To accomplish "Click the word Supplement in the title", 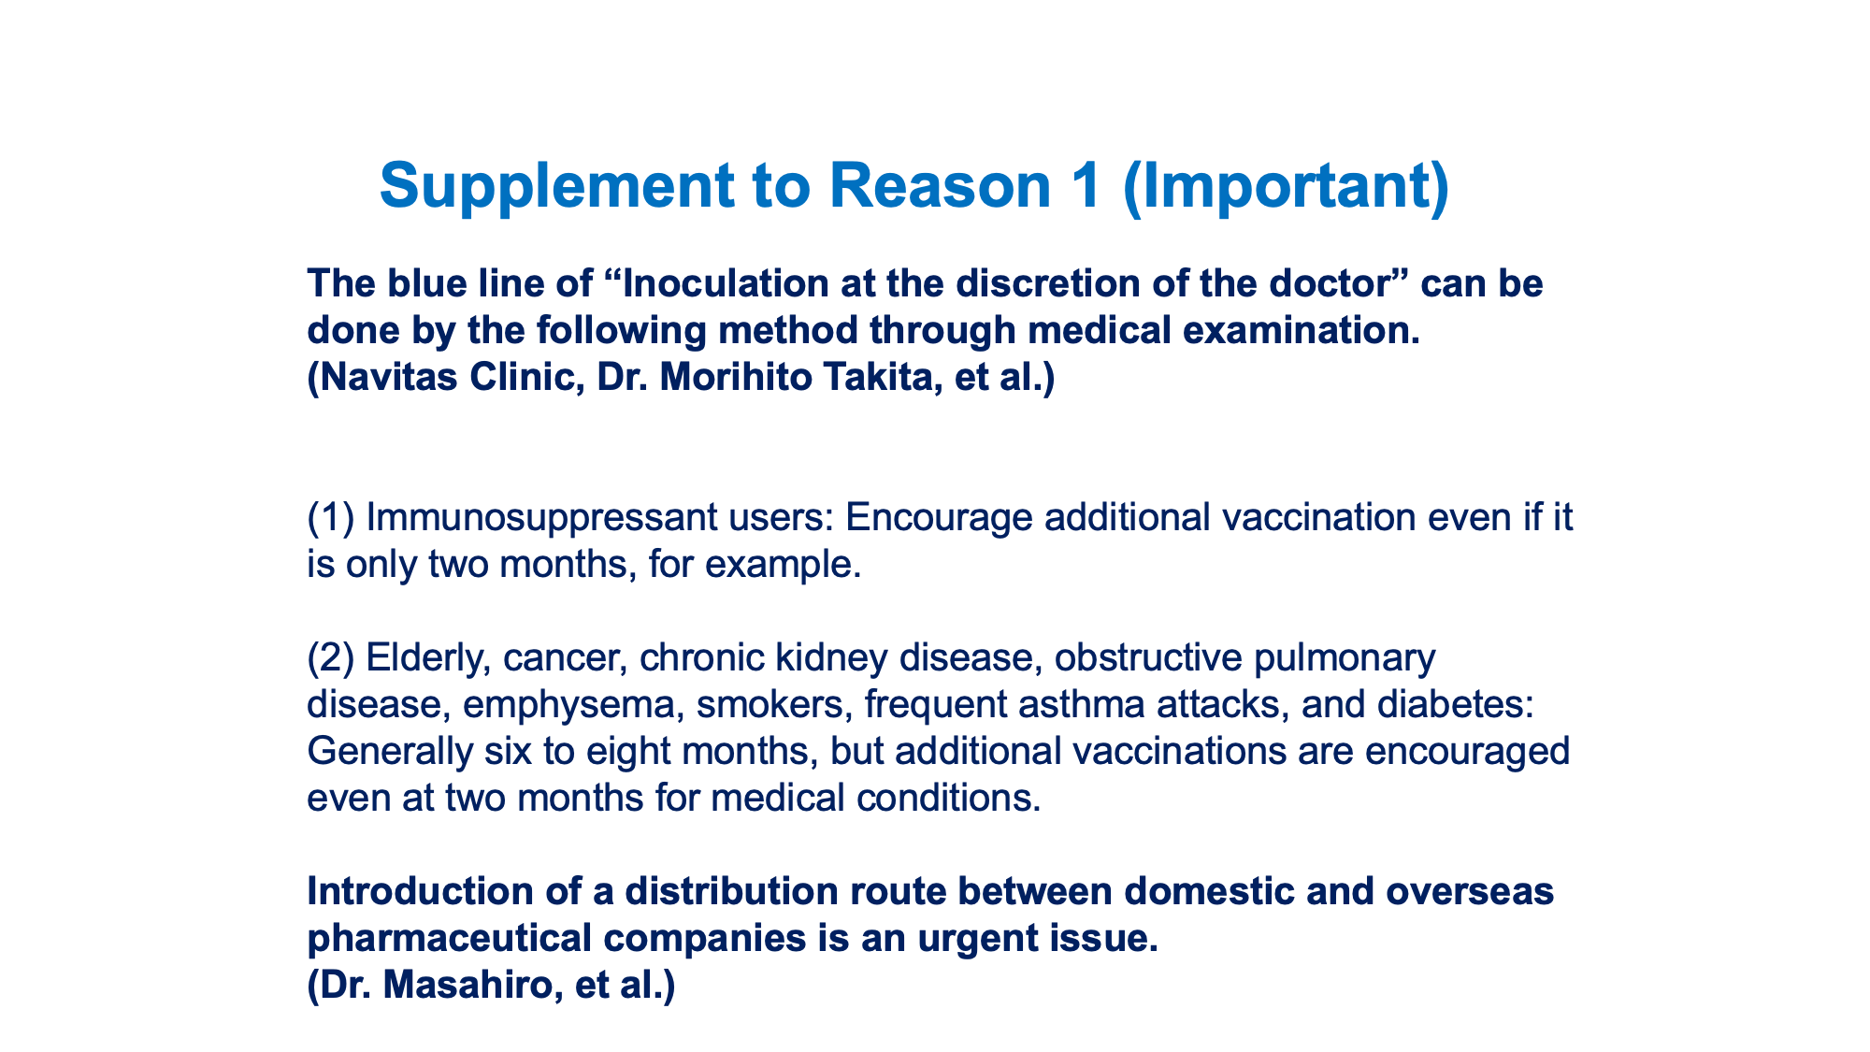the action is click(557, 187).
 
